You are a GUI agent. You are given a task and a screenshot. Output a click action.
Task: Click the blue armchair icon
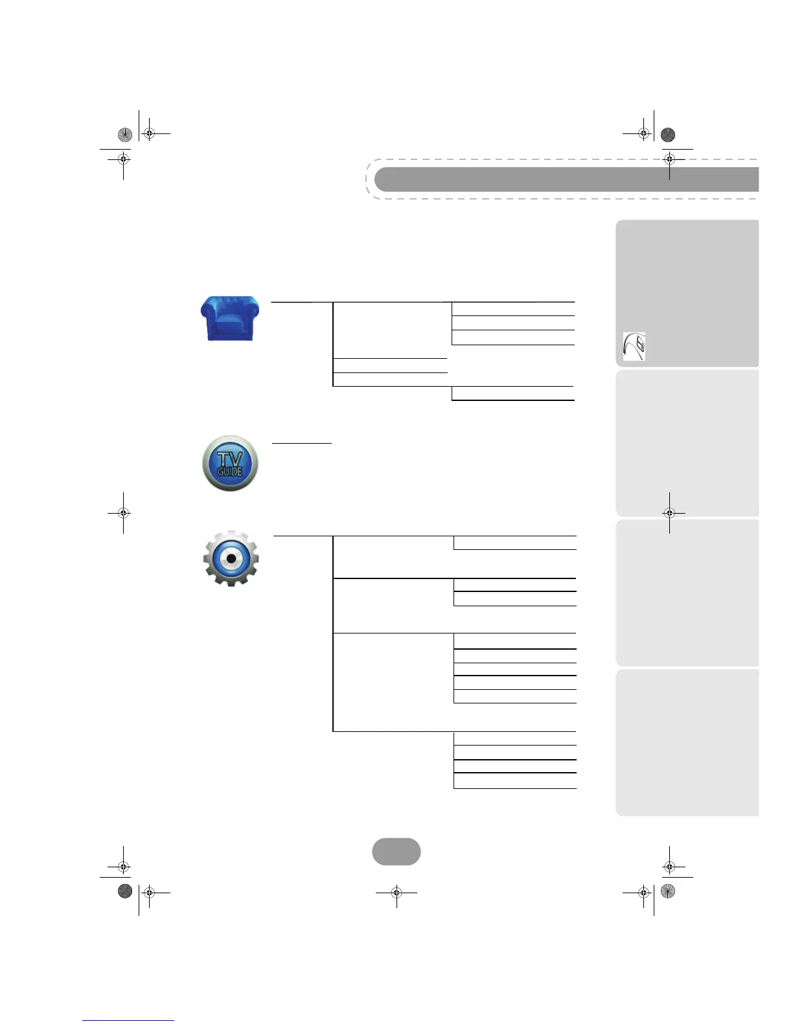(x=230, y=318)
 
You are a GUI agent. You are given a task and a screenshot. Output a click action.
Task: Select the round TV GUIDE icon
(x=230, y=463)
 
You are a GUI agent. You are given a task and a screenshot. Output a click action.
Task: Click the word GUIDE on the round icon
(x=230, y=472)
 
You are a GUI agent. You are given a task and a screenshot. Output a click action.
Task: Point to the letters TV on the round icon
(x=230, y=457)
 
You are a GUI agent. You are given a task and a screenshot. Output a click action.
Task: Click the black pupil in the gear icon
(x=231, y=558)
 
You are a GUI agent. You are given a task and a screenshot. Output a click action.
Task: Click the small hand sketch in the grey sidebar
(x=634, y=347)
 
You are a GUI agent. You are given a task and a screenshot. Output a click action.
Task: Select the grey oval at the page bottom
(x=396, y=852)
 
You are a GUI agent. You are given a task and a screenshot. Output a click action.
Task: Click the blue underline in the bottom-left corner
(x=128, y=1020)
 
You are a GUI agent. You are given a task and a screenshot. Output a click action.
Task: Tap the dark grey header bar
(x=567, y=179)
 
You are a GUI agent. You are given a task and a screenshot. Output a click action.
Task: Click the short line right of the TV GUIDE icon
(x=302, y=443)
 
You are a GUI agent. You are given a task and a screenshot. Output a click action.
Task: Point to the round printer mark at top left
(x=125, y=135)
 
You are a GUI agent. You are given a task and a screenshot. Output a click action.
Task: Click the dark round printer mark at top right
(x=668, y=135)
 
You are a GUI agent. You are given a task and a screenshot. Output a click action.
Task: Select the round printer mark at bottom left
(x=125, y=892)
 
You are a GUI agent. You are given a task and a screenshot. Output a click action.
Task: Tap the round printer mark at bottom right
(x=668, y=892)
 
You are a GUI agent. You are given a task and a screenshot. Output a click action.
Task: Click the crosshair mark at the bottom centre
(x=396, y=893)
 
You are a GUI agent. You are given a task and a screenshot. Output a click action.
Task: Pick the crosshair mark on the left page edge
(x=123, y=513)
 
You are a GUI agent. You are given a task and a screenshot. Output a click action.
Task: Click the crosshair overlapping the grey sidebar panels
(x=669, y=513)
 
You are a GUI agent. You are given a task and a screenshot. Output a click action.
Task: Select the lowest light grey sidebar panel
(x=687, y=742)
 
